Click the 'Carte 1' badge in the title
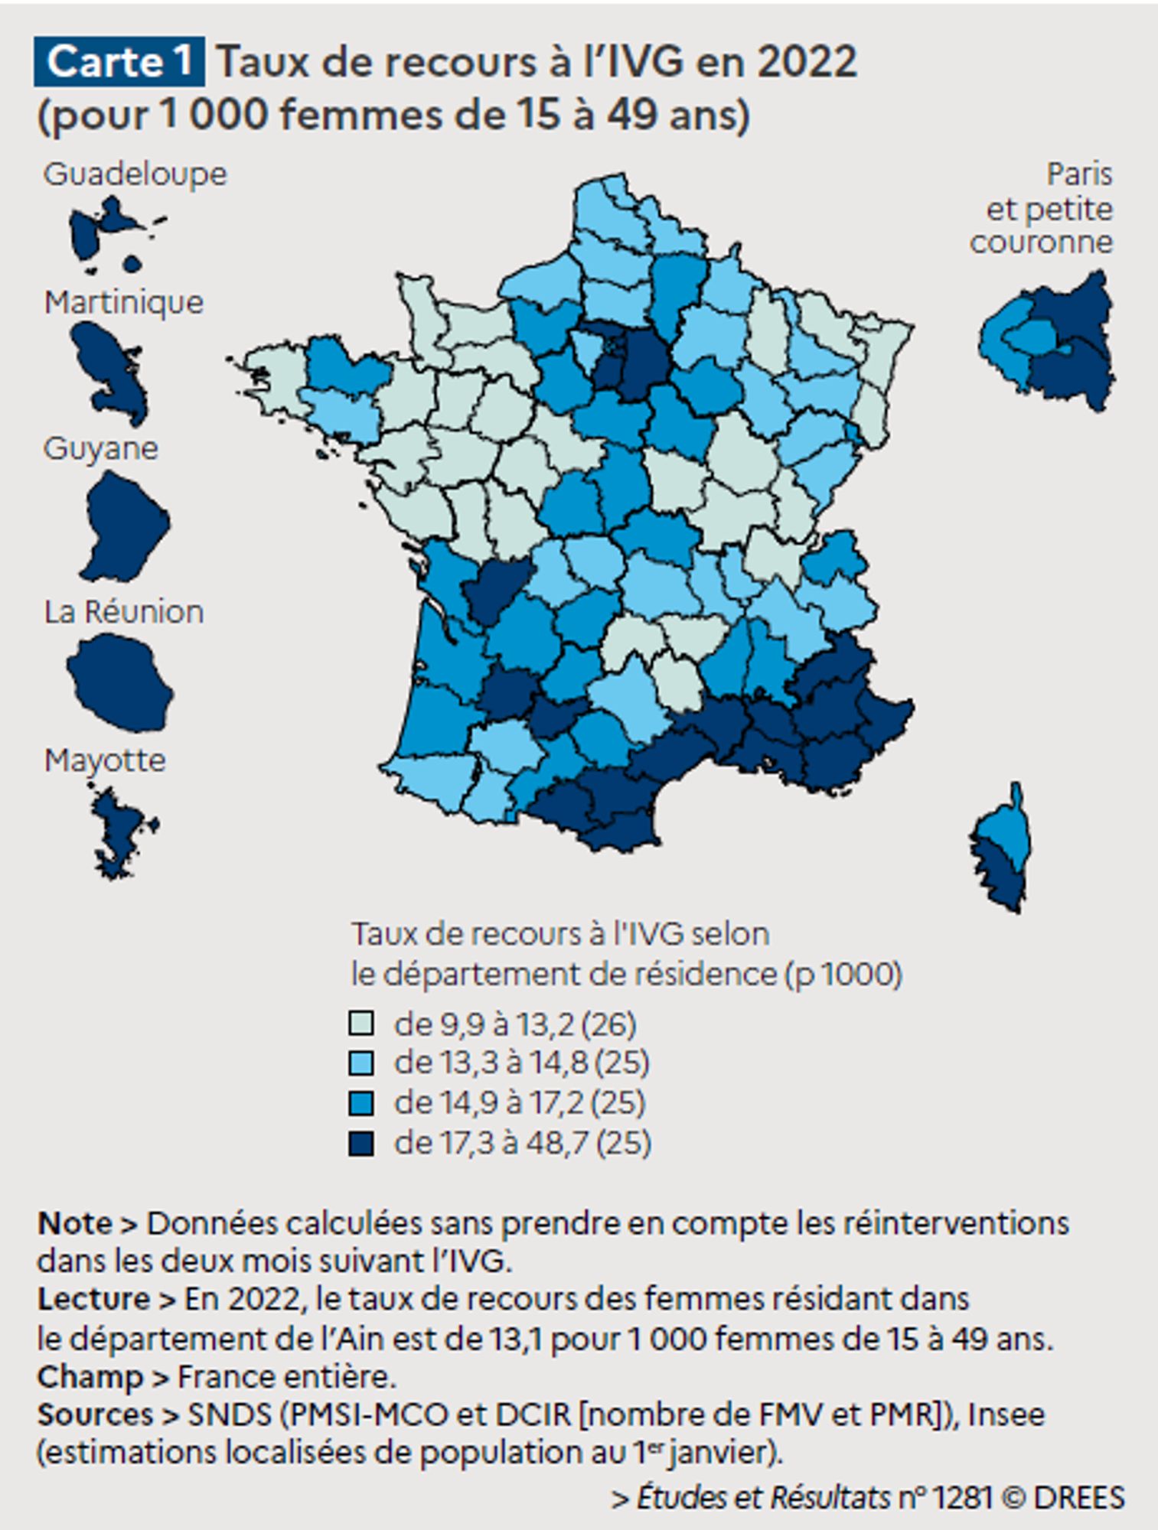[x=119, y=61]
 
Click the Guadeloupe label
[x=135, y=174]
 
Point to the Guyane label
[x=101, y=448]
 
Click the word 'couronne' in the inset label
[x=1041, y=243]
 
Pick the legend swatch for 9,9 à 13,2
[x=361, y=1024]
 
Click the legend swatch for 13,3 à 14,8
[x=361, y=1063]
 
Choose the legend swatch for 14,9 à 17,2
[x=361, y=1102]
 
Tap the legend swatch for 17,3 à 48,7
[x=361, y=1143]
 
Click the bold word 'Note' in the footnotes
[x=75, y=1223]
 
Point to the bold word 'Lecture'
[x=93, y=1299]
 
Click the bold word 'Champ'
[x=90, y=1376]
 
